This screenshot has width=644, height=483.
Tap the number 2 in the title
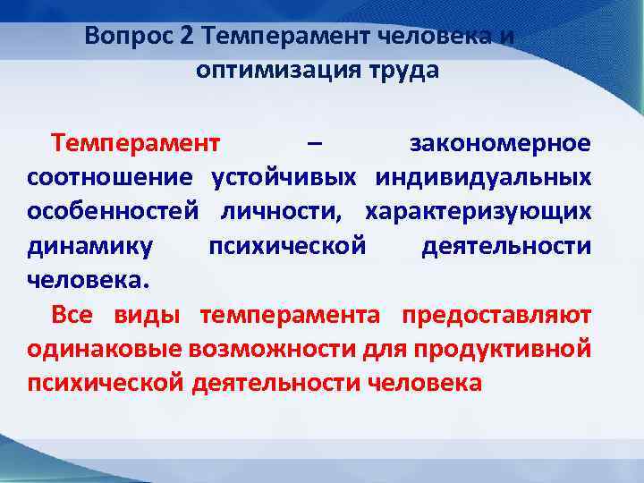click(x=186, y=37)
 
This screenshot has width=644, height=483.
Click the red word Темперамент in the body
click(x=135, y=143)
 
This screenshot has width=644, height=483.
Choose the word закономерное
click(x=500, y=143)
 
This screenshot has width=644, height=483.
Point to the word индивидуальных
click(x=483, y=177)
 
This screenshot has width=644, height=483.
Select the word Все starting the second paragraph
click(x=71, y=315)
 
